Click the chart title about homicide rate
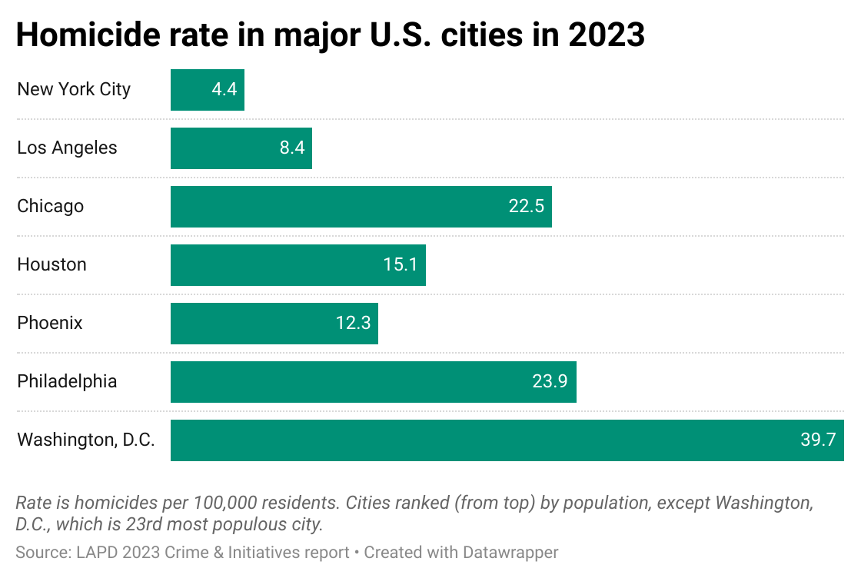(331, 35)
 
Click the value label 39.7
(817, 440)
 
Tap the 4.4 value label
(224, 90)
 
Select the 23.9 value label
(550, 382)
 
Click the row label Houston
(52, 265)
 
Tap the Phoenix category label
(50, 324)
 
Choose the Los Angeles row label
(67, 148)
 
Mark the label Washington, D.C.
(86, 440)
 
